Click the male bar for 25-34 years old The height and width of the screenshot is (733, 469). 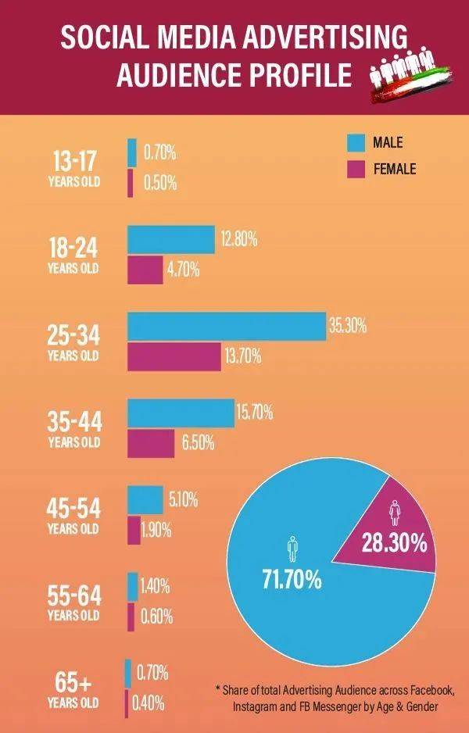[227, 326]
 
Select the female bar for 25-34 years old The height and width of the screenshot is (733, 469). [174, 356]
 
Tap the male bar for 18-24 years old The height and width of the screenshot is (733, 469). [171, 240]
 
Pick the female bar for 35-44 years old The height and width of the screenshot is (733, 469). [151, 443]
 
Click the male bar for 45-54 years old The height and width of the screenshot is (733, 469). [145, 499]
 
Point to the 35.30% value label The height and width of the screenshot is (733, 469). [348, 326]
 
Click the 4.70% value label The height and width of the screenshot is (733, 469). [183, 270]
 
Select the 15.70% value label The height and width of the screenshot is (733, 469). [254, 413]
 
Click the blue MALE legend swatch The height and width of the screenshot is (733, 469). [356, 142]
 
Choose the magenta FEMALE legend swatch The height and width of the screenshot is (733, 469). [356, 168]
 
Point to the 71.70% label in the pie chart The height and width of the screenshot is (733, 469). [292, 581]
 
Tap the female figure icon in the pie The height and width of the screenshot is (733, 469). [393, 513]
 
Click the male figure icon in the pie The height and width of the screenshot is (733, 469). [292, 549]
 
